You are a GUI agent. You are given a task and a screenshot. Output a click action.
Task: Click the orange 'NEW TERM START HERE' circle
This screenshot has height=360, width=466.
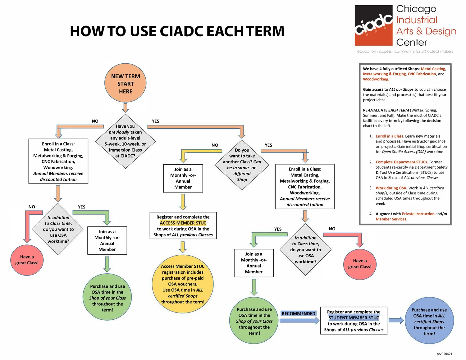[x=126, y=84]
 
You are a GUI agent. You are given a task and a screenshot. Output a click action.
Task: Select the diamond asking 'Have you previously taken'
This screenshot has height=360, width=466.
[x=125, y=141]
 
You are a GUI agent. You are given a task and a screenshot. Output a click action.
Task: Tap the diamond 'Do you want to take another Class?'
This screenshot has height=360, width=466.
[x=242, y=165]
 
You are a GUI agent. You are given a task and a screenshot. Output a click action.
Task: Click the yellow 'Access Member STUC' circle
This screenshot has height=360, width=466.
[x=183, y=284]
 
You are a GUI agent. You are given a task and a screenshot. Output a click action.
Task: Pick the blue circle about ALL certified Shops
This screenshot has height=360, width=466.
[x=429, y=321]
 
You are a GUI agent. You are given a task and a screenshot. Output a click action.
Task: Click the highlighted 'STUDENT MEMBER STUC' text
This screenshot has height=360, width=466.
[x=354, y=318]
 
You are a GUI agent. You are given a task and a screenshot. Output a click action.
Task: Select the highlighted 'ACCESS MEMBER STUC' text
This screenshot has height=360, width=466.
[x=183, y=223]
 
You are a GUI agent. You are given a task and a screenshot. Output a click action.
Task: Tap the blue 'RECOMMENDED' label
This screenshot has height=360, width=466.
[x=298, y=313]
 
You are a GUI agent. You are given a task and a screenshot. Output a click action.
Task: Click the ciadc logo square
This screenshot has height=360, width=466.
[x=374, y=25]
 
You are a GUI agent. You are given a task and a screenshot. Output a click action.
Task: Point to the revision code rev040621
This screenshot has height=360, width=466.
[x=444, y=354]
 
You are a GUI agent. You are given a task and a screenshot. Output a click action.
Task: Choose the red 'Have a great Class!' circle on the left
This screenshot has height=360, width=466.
[x=27, y=260]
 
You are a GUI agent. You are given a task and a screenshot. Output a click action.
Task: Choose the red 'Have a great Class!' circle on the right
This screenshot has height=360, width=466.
[x=360, y=264]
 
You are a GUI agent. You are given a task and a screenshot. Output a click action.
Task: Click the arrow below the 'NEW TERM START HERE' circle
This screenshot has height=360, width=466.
[x=125, y=108]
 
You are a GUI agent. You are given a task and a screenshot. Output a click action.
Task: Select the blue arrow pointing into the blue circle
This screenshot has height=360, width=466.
[x=396, y=321]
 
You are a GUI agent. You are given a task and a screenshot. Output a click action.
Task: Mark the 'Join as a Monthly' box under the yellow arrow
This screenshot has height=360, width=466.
[x=183, y=178]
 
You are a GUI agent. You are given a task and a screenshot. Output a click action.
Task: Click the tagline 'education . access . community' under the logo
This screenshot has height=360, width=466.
[x=405, y=51]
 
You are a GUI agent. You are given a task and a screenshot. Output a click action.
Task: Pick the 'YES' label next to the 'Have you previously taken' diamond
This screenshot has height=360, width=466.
[x=155, y=121]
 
